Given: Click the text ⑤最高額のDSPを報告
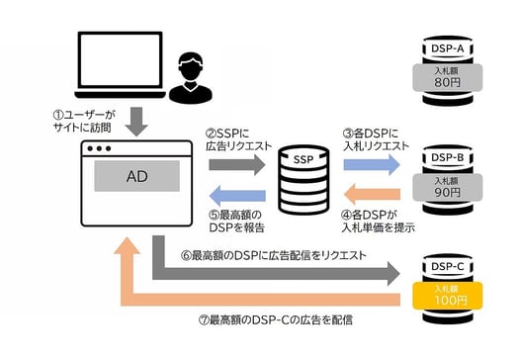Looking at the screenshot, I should (x=237, y=221).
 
